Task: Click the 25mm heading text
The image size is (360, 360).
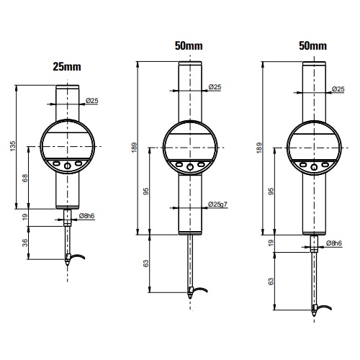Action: (x=67, y=67)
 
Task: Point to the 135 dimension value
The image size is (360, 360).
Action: (x=12, y=146)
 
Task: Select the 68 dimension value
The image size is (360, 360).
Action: (x=25, y=178)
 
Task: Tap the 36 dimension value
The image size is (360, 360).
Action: (x=25, y=243)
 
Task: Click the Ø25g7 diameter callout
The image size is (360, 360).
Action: (x=217, y=204)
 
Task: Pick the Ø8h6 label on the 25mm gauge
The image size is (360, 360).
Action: (x=86, y=216)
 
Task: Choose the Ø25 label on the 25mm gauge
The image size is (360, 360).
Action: (x=92, y=101)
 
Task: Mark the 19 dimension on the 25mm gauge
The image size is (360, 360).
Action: (x=25, y=217)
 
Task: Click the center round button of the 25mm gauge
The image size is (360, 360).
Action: (x=68, y=166)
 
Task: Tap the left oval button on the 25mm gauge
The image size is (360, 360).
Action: (x=56, y=163)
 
